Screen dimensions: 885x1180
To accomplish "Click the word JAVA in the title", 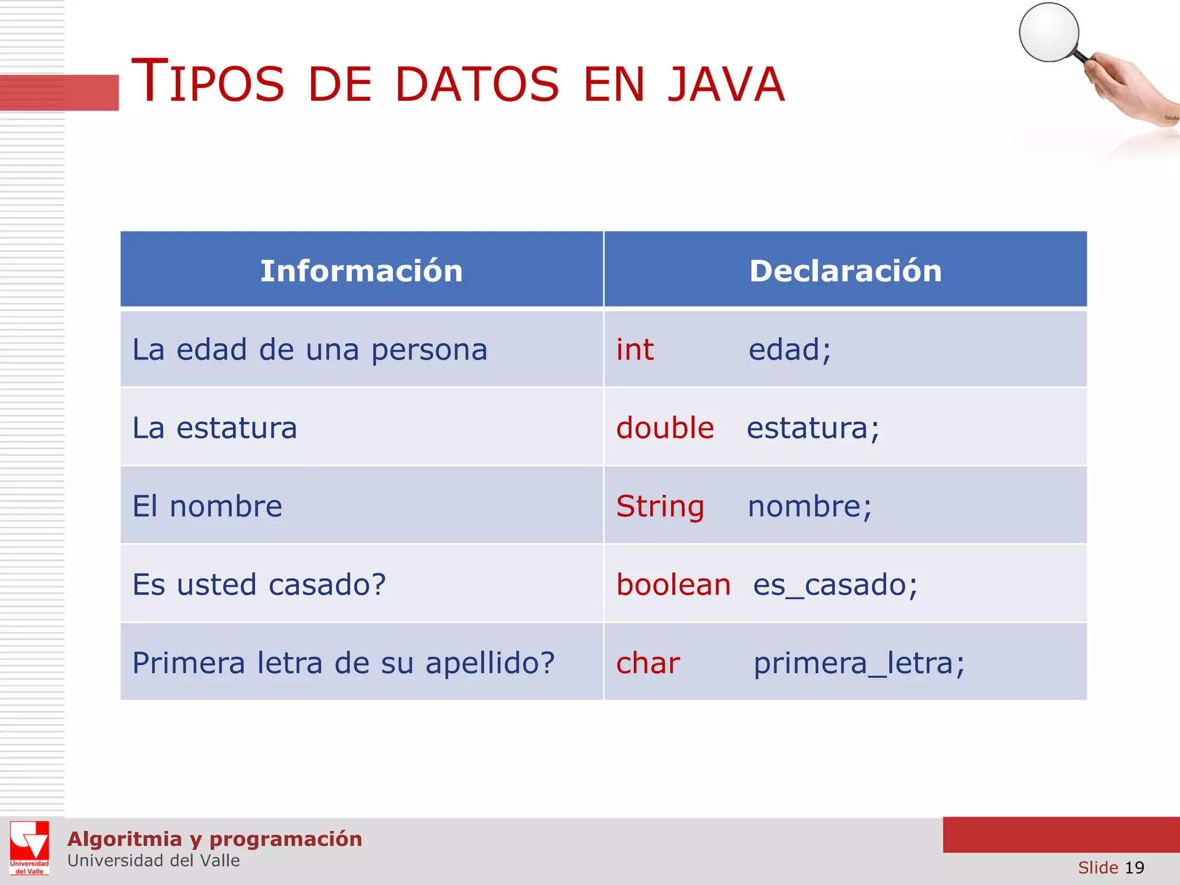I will point(726,85).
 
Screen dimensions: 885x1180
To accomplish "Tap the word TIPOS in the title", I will point(208,82).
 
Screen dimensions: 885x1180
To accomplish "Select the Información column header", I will point(361,271).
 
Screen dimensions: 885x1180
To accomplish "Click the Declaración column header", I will point(845,271).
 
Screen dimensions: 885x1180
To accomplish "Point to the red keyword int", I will point(635,350).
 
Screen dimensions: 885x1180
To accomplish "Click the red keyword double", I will point(665,428).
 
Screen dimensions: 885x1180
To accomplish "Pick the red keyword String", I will point(660,506).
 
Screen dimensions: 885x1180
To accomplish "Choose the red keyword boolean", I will point(674,585).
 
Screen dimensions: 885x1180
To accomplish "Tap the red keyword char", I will point(648,663).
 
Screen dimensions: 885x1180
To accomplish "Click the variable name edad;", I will point(790,350).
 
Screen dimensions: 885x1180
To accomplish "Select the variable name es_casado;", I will point(835,585).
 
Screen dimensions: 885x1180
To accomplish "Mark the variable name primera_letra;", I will point(859,663).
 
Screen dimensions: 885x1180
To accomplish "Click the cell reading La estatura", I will point(215,428).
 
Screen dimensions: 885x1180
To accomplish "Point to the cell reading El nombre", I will point(207,506).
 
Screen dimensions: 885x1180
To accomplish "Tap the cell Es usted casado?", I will point(259,585).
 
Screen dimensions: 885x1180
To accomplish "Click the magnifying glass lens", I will point(1049,32).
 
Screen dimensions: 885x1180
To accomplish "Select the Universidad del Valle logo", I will point(29,848).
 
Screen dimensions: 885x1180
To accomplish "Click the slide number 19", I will point(1134,868).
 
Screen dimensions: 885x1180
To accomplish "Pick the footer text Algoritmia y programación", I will point(215,839).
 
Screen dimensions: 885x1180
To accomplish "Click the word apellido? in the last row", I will point(490,663).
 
